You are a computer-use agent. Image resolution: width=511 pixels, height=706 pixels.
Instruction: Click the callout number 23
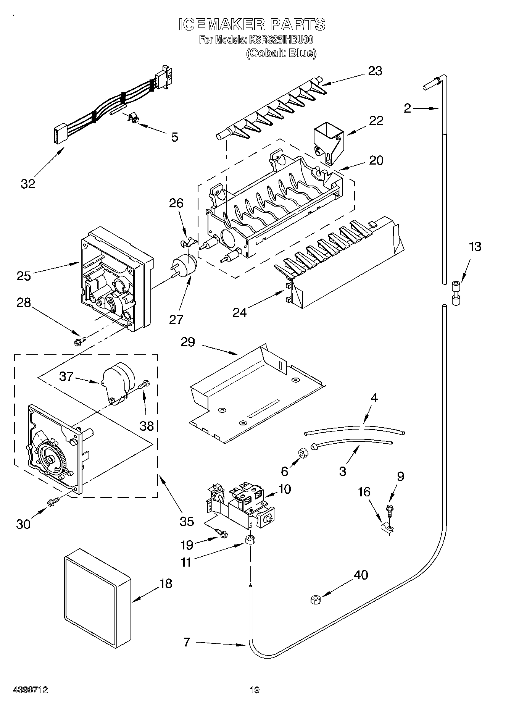tap(375, 71)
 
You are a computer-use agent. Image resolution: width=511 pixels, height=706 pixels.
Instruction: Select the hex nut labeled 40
tap(315, 600)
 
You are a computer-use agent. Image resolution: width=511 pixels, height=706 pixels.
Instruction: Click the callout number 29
tap(188, 342)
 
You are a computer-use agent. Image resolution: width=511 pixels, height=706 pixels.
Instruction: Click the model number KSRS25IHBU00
tap(281, 40)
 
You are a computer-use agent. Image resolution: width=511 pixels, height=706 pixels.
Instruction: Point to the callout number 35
tap(187, 521)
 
